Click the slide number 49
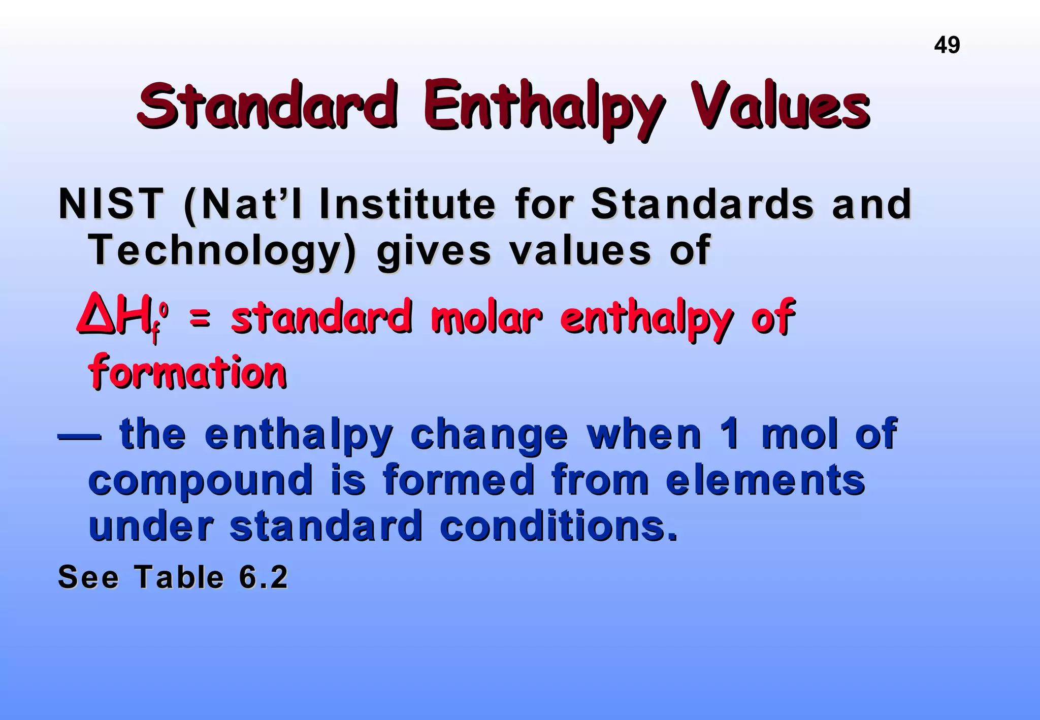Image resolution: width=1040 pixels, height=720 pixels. coord(947,45)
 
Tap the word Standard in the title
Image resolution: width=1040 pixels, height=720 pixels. coord(267,106)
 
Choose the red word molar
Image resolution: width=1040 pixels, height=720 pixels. coord(486,317)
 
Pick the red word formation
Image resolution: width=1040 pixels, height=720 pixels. coord(188,372)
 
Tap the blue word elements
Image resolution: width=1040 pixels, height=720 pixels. coord(765,480)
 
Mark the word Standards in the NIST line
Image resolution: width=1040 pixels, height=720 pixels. coord(702,204)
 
